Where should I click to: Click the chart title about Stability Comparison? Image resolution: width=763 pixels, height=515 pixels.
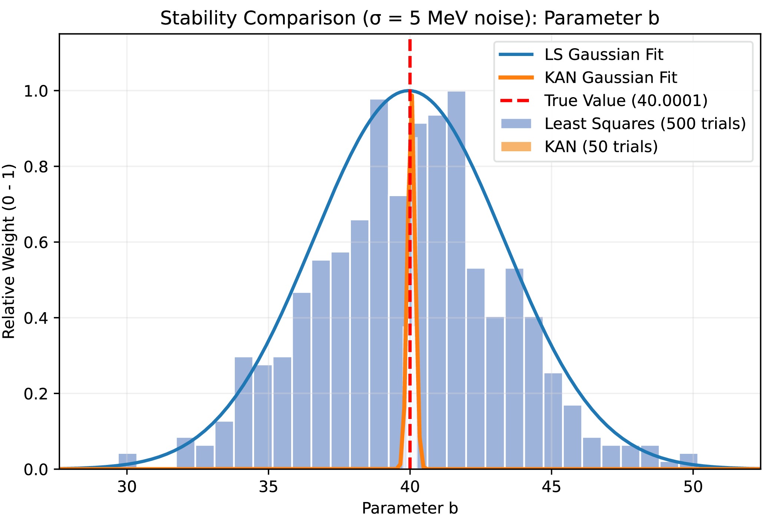coord(410,18)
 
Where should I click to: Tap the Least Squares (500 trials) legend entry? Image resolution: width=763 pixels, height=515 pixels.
coord(623,123)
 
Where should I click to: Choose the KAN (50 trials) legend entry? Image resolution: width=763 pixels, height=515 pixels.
coord(579,146)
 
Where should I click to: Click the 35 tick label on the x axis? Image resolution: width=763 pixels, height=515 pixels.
coord(269,487)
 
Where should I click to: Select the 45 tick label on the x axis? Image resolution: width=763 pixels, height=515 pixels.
coord(552,487)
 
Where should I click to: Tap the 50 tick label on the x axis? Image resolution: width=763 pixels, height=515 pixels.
coord(693,487)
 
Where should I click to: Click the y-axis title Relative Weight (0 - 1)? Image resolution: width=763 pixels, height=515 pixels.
coord(9,251)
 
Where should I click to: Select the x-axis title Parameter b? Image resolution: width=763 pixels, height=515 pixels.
coord(410,508)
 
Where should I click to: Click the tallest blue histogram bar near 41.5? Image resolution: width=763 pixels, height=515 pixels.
coord(456,280)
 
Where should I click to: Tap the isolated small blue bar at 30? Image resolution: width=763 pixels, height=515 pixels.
coord(128,461)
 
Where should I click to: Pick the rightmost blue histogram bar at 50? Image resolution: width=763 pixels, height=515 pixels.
coord(688,461)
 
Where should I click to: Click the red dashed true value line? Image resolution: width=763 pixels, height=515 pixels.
coord(410,254)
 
